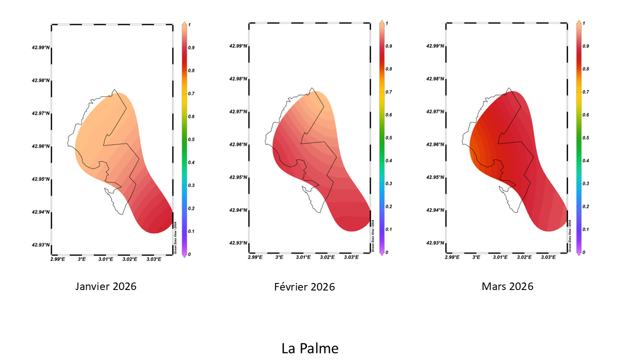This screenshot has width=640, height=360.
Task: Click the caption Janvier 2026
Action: click(105, 286)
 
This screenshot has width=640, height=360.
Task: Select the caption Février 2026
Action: click(304, 287)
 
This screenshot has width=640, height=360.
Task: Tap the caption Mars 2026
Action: click(507, 286)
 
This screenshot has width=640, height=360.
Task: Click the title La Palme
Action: click(309, 348)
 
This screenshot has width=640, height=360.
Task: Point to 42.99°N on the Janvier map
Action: click(40, 48)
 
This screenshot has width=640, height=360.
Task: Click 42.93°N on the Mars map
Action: click(435, 243)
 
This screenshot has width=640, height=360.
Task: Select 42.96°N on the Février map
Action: click(238, 144)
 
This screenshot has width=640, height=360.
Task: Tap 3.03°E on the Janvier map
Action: click(153, 259)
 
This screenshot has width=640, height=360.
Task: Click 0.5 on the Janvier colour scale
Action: click(191, 139)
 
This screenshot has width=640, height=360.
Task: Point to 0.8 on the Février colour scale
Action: click(388, 69)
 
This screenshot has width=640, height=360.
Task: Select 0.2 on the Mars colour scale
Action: click(585, 206)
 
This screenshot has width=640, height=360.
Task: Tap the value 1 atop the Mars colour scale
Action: click(584, 23)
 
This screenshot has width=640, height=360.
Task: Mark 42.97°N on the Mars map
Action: click(435, 111)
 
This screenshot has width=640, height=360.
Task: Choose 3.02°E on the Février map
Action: click(327, 257)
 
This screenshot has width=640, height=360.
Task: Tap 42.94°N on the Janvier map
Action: click(40, 212)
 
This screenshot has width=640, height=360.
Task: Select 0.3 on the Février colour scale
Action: click(388, 183)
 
